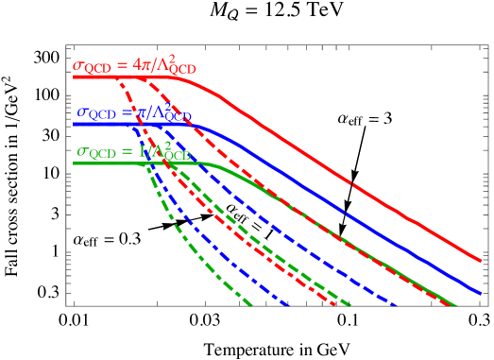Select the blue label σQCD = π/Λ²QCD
coord(134,113)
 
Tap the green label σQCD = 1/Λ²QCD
coord(133,151)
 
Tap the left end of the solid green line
coord(74,163)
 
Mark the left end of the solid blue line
coord(74,124)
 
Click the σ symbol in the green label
coord(82,153)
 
